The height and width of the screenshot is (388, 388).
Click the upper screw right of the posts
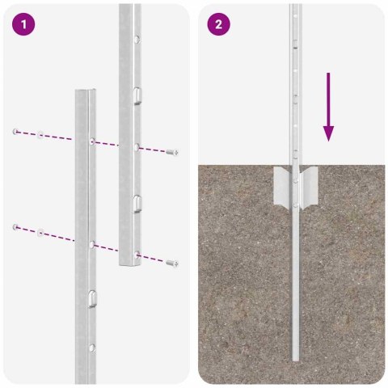[x=171, y=152]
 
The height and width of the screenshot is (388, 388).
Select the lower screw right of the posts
[x=171, y=262]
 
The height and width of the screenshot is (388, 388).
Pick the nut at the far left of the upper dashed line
[x=15, y=130]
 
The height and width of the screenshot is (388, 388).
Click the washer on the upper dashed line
[x=40, y=133]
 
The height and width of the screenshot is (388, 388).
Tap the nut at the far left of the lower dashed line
[x=15, y=227]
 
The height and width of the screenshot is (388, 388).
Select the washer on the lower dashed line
[x=40, y=232]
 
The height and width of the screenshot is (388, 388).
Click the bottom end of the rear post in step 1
[x=129, y=265]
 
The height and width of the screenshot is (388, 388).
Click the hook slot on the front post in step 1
[x=92, y=298]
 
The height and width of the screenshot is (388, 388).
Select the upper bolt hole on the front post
[x=92, y=141]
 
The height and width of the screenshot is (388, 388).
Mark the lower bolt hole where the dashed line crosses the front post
[x=92, y=242]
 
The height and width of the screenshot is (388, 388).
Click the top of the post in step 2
[x=297, y=6]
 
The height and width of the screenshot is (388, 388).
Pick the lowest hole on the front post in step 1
[x=92, y=348]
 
